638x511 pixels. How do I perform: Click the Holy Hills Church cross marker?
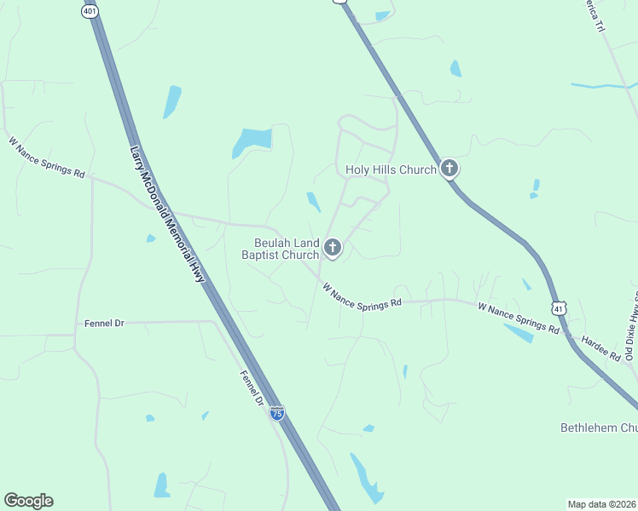449,169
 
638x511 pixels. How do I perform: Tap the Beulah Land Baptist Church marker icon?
333,248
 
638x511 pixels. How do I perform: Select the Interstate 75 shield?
277,413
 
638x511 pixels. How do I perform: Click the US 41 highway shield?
558,307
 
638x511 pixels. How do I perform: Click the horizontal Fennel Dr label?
104,324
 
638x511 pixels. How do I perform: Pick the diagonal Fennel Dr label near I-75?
252,388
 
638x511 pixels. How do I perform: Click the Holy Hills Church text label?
391,169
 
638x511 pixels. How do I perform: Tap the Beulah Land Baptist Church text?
280,248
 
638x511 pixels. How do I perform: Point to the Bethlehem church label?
598,427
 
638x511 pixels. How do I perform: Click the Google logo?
28,501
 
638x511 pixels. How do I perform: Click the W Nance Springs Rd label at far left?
47,158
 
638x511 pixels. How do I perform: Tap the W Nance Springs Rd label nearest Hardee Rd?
519,318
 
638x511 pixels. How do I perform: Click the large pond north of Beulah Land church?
252,141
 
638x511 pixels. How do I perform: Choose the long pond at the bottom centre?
367,479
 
